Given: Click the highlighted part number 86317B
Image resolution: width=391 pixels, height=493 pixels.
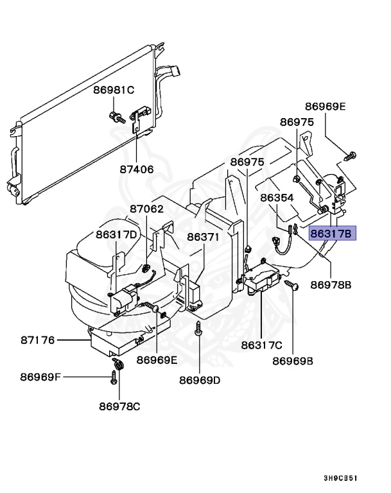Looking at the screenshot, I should point(331,233).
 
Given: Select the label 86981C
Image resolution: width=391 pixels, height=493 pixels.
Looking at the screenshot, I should point(113,90).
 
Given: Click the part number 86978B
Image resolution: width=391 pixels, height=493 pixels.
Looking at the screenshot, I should point(331,284).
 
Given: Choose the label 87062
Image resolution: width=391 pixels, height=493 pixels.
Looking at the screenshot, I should point(146,209).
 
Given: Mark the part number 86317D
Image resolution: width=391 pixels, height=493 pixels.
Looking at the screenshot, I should point(117,235).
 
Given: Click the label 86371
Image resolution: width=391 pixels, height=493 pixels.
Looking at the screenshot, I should point(204,237).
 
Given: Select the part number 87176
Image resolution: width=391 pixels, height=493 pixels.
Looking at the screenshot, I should point(38,340).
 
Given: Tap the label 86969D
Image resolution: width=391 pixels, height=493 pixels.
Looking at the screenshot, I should point(200,380).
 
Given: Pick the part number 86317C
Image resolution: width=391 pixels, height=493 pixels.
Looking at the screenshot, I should point(262,346).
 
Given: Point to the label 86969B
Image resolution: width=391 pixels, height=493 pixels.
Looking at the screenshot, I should point(293,361).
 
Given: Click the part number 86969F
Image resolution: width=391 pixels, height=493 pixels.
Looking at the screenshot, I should point(40,376).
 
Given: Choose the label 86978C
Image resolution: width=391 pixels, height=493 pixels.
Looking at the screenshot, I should point(119,406).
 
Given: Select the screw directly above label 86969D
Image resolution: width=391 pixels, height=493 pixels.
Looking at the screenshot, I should point(198,331).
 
